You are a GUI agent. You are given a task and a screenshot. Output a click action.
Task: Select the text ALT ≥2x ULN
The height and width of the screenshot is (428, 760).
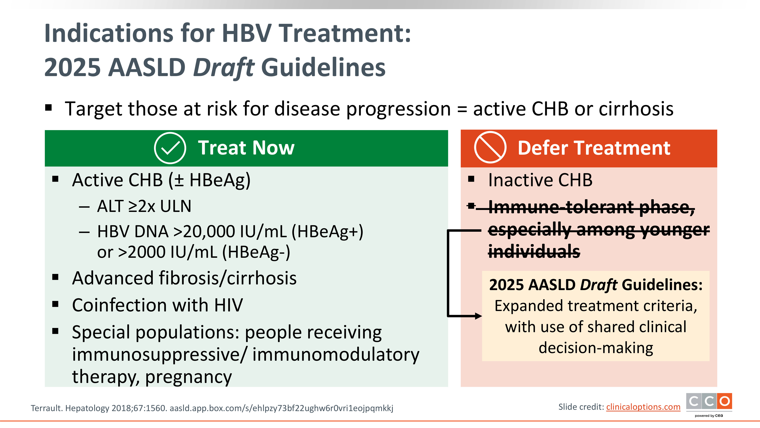point(144,206)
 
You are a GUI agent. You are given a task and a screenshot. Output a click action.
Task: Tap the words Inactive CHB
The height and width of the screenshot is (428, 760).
point(540,180)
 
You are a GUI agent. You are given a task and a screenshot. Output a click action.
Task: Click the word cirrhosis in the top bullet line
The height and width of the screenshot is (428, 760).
point(636,109)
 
